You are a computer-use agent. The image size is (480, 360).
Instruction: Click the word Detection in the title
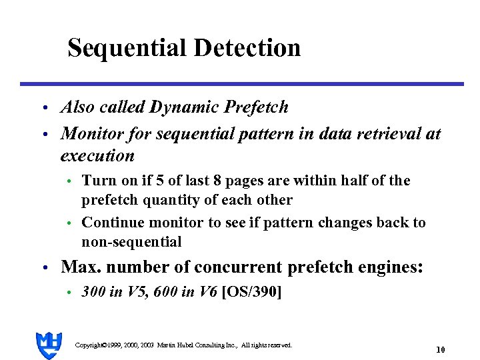click(247, 48)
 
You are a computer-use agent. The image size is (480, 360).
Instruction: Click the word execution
click(97, 156)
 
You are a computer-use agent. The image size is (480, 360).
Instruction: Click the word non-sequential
click(131, 241)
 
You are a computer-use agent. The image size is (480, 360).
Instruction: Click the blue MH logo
click(49, 345)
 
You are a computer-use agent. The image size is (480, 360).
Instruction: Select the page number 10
click(440, 349)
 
